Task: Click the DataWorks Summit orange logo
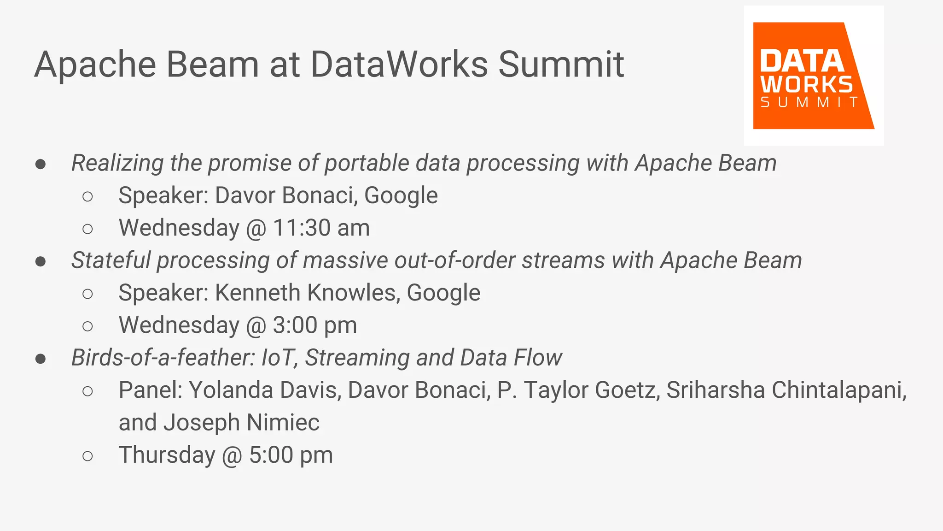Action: click(813, 76)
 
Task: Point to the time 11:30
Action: click(302, 228)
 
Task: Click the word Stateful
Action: click(111, 260)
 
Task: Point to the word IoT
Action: click(278, 358)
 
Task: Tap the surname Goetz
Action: click(627, 390)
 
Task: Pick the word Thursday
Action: click(167, 455)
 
